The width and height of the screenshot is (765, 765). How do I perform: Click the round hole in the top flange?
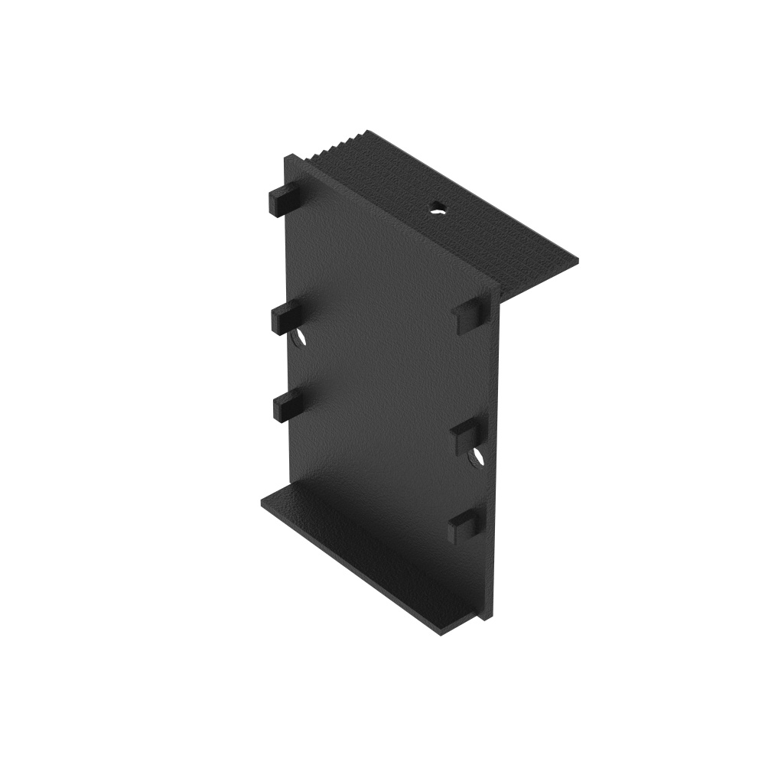(x=437, y=207)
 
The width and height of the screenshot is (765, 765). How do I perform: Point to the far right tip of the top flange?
(x=577, y=261)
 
